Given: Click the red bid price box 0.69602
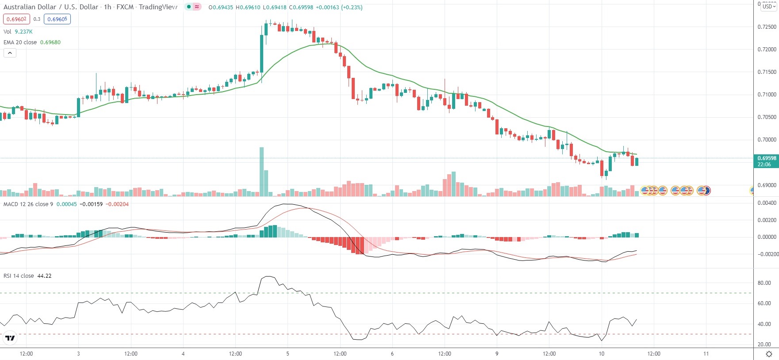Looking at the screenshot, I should tap(16, 19).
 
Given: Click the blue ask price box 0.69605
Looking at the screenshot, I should tap(58, 19).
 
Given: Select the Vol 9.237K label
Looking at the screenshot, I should tap(18, 32).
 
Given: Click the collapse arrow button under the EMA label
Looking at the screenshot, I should tap(10, 53).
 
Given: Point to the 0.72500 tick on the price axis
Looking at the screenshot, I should tap(767, 27).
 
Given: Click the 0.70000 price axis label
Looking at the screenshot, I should tap(767, 140).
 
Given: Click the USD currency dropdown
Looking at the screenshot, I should tap(769, 7).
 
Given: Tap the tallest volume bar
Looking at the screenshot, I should tap(261, 172).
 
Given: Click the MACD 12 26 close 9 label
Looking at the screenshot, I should tap(28, 204).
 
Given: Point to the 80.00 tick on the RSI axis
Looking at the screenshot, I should tap(764, 283).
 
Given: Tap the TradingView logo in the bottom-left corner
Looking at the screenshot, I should tap(10, 339).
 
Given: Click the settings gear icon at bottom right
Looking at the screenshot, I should tap(769, 354).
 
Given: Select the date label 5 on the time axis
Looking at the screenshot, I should tap(288, 354).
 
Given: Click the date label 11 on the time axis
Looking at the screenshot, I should tap(706, 354).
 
